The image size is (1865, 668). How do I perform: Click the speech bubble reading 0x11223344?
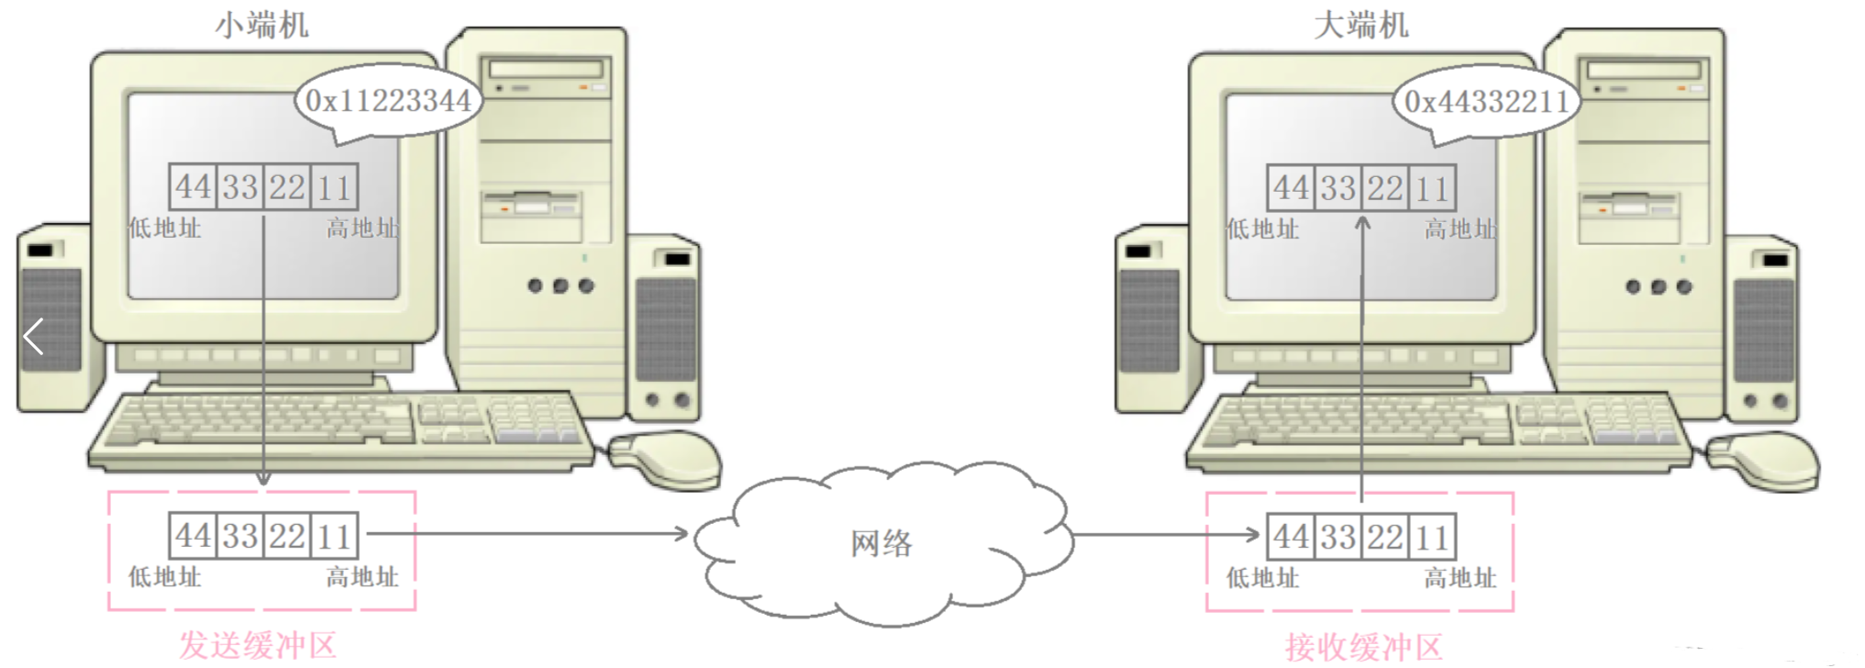click(x=387, y=100)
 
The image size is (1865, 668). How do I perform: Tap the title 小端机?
click(x=262, y=25)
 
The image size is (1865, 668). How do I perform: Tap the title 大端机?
click(x=1361, y=25)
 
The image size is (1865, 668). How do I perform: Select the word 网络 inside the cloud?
click(x=882, y=543)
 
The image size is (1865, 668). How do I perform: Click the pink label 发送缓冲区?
click(x=258, y=645)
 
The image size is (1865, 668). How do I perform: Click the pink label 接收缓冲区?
click(x=1363, y=647)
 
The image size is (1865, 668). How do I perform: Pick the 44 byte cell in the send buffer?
click(x=194, y=536)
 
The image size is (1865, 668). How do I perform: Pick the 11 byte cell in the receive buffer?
click(x=1432, y=538)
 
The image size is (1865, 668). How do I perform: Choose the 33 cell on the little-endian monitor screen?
click(x=240, y=187)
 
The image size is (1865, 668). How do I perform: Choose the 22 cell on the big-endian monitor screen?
click(x=1385, y=188)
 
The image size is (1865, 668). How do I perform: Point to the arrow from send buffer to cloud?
click(x=527, y=533)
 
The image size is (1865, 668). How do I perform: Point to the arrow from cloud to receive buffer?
click(x=1165, y=535)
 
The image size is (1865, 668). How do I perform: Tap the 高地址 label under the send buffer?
click(x=362, y=577)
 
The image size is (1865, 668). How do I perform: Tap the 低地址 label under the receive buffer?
click(x=1263, y=578)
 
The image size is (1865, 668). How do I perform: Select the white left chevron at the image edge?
click(x=34, y=337)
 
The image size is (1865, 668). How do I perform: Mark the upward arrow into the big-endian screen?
click(x=1362, y=358)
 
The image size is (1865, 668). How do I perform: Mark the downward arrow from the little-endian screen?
click(x=263, y=349)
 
